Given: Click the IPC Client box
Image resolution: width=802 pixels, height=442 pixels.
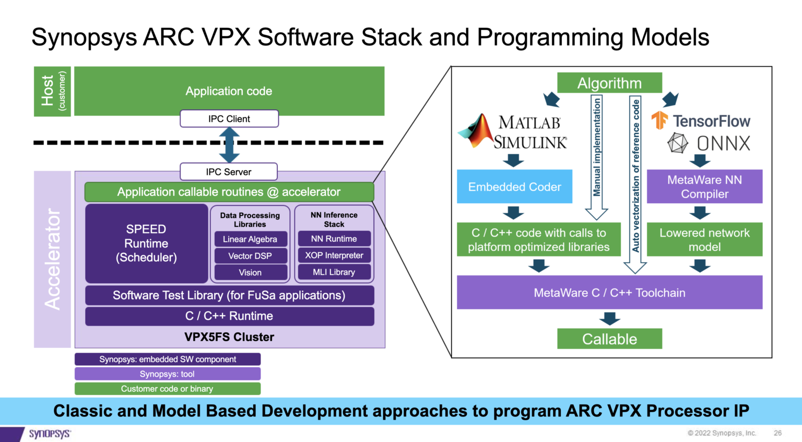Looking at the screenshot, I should point(229,119).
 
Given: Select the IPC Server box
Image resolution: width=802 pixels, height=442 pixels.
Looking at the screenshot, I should point(228,172).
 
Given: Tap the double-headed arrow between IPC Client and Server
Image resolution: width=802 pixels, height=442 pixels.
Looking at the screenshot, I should point(229,145).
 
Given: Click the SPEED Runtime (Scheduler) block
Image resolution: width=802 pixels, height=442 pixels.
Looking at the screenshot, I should point(146,243).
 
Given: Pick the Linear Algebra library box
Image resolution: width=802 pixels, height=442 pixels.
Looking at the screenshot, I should point(250,239).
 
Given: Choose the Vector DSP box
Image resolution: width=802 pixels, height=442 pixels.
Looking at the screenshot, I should point(250,256).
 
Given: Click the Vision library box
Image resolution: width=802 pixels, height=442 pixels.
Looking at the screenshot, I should point(250,273).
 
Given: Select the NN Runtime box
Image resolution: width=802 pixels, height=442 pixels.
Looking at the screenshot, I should point(334,239).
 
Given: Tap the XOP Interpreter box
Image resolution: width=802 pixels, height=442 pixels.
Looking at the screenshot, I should point(334,255).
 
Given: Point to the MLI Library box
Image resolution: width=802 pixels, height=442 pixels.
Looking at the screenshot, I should point(334,272).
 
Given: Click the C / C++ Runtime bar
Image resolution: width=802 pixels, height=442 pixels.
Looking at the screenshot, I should point(229,316).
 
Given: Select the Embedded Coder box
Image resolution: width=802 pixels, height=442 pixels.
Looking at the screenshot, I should point(514,187).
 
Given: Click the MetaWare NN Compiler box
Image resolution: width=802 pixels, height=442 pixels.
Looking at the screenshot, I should point(704,187).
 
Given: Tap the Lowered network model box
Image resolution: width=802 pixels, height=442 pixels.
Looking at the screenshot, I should point(704,240).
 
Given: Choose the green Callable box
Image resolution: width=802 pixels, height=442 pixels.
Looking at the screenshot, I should point(609,339).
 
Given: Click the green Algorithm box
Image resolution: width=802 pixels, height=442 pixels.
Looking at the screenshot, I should point(609,83).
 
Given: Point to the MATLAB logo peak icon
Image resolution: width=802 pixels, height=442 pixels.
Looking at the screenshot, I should point(477,131).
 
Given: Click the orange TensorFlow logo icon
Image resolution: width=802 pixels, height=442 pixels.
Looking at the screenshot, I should point(659,120).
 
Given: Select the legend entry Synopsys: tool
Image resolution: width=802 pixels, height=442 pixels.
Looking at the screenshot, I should point(167,374).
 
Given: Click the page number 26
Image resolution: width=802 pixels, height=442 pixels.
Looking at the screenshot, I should point(777,433).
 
